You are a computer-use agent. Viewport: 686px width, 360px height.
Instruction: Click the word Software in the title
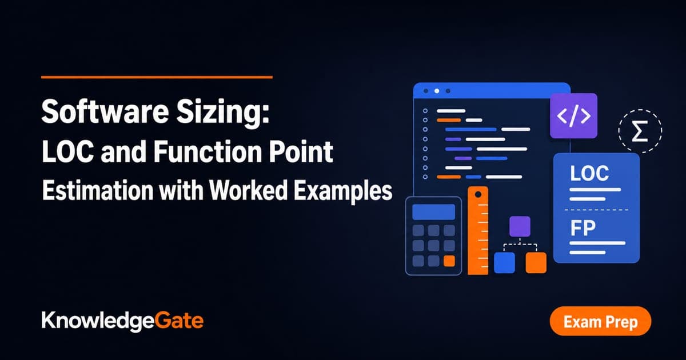coord(105,112)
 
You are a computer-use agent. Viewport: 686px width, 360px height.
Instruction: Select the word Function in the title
coord(208,151)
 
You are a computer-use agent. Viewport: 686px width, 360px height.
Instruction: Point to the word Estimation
coord(97,190)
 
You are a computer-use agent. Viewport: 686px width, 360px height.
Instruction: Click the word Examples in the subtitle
coord(343,191)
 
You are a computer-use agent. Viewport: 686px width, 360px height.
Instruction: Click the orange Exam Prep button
coord(600,321)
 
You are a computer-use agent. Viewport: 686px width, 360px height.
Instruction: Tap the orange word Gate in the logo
coord(179,321)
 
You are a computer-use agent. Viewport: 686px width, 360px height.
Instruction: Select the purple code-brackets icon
coord(573,115)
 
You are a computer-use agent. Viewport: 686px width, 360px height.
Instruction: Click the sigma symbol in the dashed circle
coord(640,131)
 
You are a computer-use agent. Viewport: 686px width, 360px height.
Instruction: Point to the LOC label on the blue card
coord(589,173)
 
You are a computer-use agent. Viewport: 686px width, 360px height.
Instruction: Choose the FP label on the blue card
coord(583,228)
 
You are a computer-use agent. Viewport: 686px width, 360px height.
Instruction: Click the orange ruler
coord(478,230)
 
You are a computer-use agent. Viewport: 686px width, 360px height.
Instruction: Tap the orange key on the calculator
coord(449,261)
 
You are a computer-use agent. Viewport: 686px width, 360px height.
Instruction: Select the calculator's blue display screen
coord(434,212)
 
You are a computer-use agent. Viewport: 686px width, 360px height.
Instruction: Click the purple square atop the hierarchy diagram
coord(520,226)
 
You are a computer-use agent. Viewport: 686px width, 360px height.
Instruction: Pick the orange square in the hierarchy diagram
coord(536,263)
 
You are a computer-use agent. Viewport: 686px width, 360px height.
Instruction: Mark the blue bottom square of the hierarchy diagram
coord(504,263)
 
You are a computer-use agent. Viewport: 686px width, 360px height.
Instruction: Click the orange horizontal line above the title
coord(157,77)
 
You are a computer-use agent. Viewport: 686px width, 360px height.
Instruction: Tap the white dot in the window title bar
coord(437,91)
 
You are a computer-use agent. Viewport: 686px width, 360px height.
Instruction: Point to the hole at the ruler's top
coord(478,194)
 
